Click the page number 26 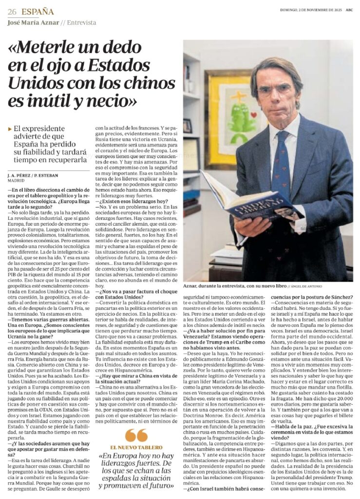click(12, 12)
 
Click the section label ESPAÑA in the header click(37, 12)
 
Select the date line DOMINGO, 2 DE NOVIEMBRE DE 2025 click(311, 11)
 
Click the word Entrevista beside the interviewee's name click(81, 22)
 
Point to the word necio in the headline click(112, 102)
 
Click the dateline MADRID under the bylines click(16, 179)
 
